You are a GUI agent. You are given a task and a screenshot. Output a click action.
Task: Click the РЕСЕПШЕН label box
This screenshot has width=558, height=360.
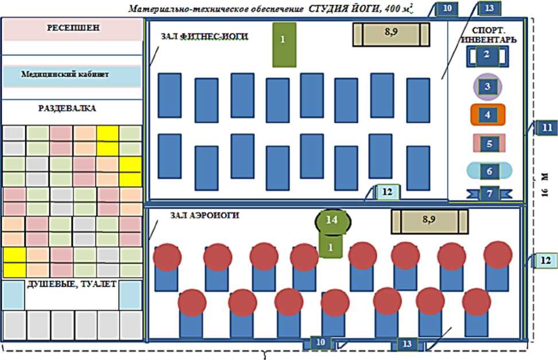(x=72, y=29)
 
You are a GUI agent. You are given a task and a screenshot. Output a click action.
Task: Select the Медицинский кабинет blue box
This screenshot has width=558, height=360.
(x=72, y=75)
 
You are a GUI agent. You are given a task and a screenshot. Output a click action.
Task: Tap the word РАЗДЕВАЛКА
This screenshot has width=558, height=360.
(x=68, y=108)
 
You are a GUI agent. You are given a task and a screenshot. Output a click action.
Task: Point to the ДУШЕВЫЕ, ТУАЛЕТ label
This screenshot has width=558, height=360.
(x=72, y=284)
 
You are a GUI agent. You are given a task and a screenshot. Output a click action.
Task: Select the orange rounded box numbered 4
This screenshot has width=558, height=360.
(x=487, y=115)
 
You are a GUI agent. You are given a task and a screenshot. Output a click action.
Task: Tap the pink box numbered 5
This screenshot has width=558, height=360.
(x=489, y=143)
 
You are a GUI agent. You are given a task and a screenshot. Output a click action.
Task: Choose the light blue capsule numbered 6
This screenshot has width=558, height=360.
(x=489, y=171)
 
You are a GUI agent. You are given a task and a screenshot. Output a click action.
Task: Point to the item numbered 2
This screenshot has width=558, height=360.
(x=486, y=56)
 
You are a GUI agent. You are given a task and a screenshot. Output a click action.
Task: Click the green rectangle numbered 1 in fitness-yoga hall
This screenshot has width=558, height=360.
(x=283, y=45)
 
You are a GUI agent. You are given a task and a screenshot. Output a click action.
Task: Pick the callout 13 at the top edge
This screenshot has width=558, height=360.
(x=489, y=8)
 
